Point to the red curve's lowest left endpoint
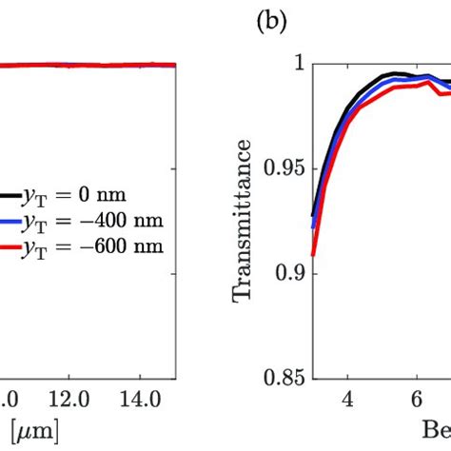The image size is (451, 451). pyautogui.click(x=313, y=255)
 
